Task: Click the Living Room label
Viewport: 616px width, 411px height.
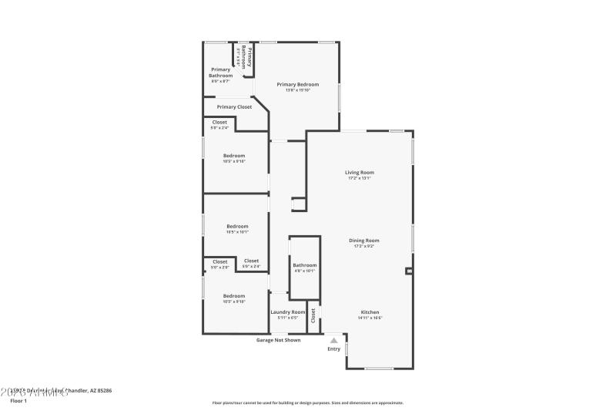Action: [x=360, y=172]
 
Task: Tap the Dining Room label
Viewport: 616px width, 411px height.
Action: [x=366, y=240]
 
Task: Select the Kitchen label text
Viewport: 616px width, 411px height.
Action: [x=370, y=312]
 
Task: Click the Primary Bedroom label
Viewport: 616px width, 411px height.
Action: [x=297, y=84]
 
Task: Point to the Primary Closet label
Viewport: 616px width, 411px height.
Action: [x=234, y=107]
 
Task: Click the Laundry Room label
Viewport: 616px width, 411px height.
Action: [x=288, y=312]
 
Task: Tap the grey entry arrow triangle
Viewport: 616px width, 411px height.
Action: [x=333, y=339]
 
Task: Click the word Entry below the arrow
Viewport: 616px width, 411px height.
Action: [x=333, y=349]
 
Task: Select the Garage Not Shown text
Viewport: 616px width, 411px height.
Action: [x=278, y=340]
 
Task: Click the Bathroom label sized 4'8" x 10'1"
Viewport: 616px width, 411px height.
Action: [x=304, y=265]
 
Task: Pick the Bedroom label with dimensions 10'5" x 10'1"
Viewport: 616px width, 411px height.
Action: [x=236, y=226]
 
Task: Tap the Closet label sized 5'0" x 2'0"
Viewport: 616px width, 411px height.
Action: [x=220, y=261]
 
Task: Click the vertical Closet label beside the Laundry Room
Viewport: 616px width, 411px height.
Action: [x=313, y=315]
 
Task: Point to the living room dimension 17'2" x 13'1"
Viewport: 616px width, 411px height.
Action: [x=360, y=178]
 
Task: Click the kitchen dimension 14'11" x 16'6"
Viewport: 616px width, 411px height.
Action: [x=370, y=318]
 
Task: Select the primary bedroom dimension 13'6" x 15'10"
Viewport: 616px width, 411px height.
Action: [x=297, y=90]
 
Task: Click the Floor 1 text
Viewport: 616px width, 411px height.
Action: [x=18, y=401]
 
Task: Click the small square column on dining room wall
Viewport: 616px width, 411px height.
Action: [x=409, y=271]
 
